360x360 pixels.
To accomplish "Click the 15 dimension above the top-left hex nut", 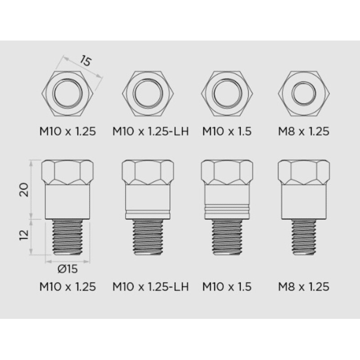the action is [86, 61].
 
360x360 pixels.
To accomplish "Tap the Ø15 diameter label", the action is [67, 269].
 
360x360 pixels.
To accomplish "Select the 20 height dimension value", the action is [24, 190].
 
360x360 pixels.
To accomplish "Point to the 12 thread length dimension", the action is [24, 234].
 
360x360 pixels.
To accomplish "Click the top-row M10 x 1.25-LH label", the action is [151, 132].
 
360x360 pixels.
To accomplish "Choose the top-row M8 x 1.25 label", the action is [303, 132].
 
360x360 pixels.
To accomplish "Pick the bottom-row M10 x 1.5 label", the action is [227, 287].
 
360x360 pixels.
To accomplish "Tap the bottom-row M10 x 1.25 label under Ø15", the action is [67, 287].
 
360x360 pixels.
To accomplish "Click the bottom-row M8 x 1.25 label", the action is [303, 287].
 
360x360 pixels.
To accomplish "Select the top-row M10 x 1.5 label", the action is [227, 132].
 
